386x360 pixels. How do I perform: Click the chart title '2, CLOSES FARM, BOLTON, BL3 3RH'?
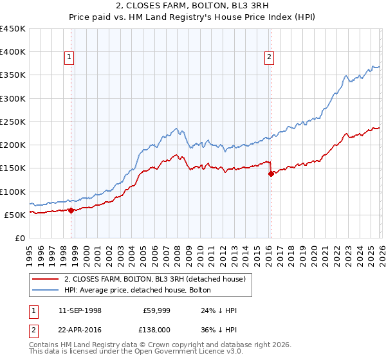[x=192, y=7]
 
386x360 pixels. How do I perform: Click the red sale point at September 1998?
[x=71, y=210]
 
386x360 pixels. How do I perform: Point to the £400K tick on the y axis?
[x=14, y=52]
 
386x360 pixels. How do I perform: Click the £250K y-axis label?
[x=14, y=122]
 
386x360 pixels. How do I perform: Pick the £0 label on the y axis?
[x=19, y=238]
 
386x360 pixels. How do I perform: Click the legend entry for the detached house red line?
[x=154, y=280]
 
